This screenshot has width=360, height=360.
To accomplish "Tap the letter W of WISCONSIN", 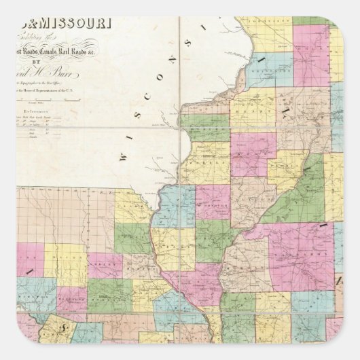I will point(124,155).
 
